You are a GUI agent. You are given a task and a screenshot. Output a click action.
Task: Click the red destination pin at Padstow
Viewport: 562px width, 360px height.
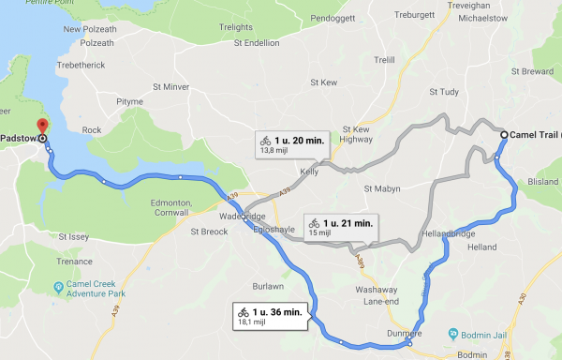click(39, 127)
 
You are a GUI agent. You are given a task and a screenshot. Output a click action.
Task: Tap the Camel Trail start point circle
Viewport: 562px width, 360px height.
click(504, 135)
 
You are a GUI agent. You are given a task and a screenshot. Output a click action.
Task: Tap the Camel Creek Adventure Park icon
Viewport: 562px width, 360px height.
click(59, 284)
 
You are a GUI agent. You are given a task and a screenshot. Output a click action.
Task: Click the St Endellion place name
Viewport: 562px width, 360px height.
click(258, 42)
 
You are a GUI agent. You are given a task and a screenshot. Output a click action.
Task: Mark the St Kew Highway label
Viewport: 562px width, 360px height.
click(359, 134)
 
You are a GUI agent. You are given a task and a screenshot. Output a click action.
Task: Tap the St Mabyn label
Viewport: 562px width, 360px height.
click(381, 188)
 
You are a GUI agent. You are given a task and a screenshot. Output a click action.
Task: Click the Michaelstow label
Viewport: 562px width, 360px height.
click(481, 18)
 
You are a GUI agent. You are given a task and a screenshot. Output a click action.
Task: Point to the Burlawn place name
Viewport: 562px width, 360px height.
click(267, 285)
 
